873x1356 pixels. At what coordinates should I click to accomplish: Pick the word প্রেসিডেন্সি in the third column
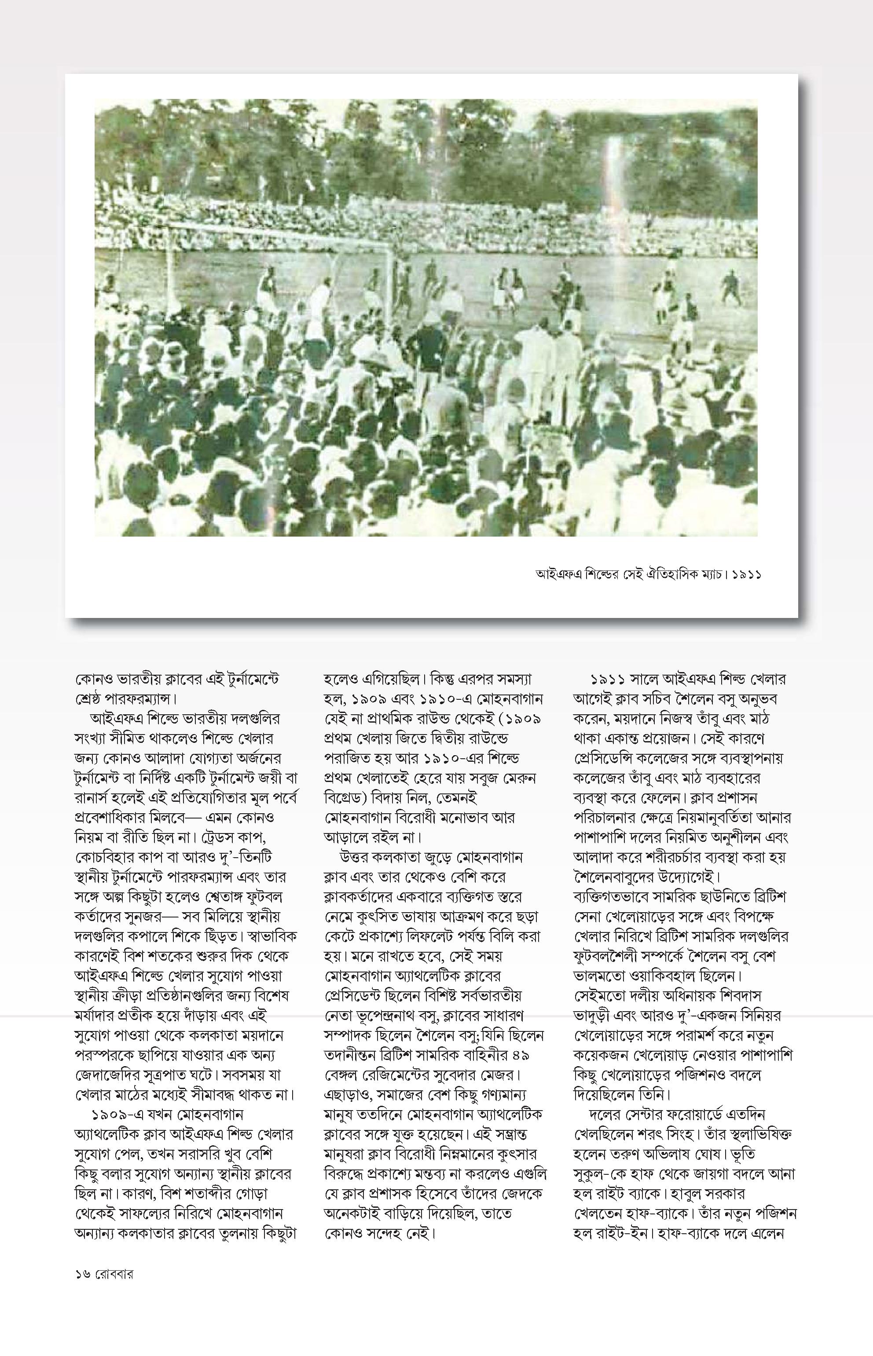600,758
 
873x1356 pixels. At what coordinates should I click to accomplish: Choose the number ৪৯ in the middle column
531,1056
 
